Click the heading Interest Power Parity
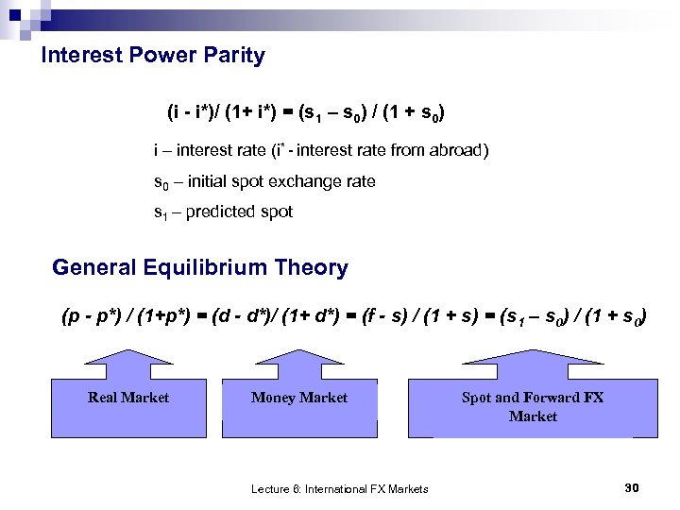[153, 56]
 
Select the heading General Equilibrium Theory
[200, 268]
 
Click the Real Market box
[128, 406]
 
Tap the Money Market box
[299, 406]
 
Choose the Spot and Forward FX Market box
[532, 407]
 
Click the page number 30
[632, 487]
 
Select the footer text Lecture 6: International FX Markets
[339, 488]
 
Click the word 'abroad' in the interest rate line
[463, 150]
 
